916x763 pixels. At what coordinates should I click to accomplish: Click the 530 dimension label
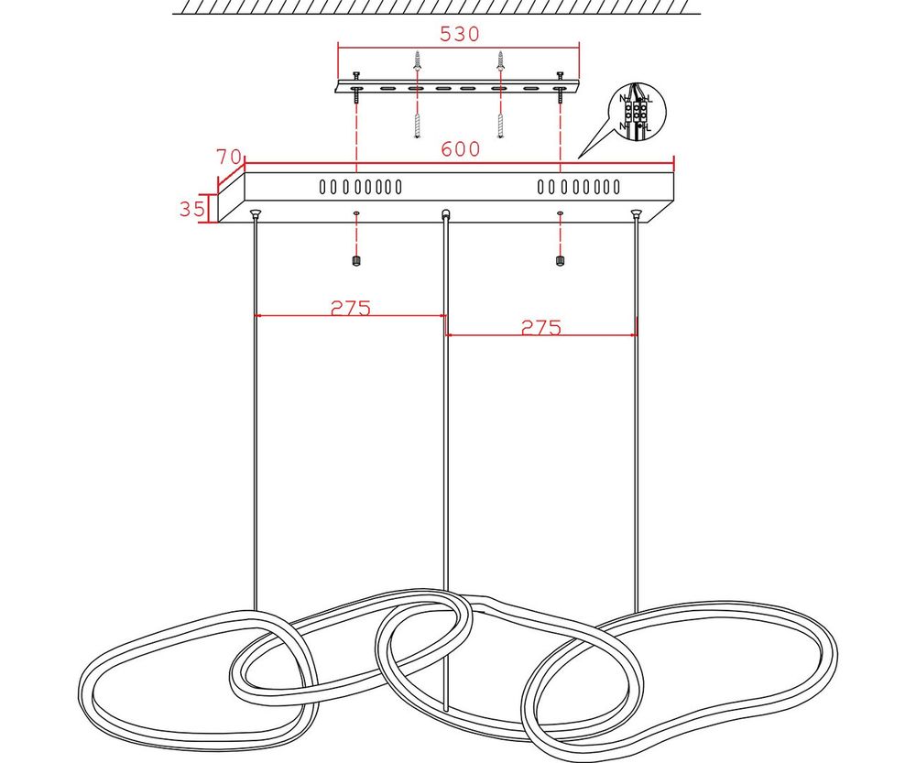pos(460,34)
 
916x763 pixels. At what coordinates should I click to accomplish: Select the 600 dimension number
pos(460,149)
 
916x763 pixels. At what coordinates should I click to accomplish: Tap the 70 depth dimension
pos(229,157)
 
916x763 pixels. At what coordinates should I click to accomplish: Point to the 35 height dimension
pos(192,209)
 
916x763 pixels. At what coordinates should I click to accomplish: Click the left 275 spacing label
pos(351,308)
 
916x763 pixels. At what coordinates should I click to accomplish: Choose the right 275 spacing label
pos(540,327)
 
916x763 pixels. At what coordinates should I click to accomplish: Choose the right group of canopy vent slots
pos(579,188)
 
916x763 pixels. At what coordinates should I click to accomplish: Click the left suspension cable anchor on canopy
pos(256,215)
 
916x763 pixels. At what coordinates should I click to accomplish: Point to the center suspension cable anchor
pos(445,215)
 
